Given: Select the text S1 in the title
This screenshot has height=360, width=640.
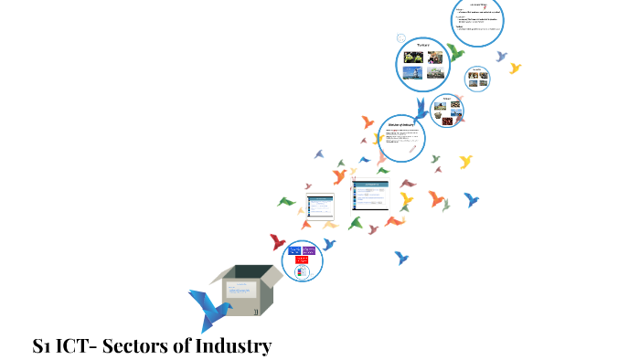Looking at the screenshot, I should click(x=42, y=346).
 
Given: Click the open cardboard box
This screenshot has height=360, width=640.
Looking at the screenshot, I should click(x=244, y=291).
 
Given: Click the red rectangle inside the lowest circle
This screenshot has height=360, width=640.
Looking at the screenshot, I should click(x=303, y=259).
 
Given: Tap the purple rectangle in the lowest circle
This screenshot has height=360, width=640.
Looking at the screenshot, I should click(x=309, y=249).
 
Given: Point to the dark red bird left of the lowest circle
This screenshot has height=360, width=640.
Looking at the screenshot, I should click(x=278, y=242).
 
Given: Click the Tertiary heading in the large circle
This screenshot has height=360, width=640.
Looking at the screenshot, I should click(x=423, y=44).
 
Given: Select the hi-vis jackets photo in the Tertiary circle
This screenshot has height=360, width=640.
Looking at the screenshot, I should click(x=413, y=57).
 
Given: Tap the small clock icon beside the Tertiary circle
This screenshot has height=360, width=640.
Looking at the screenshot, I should click(x=400, y=37).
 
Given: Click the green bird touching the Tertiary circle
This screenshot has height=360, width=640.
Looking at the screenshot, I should click(x=454, y=52).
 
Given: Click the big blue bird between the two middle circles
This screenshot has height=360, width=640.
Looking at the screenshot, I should click(x=421, y=111).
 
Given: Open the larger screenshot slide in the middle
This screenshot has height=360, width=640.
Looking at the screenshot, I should click(x=371, y=195).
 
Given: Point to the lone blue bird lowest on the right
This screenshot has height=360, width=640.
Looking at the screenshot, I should click(x=400, y=258).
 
